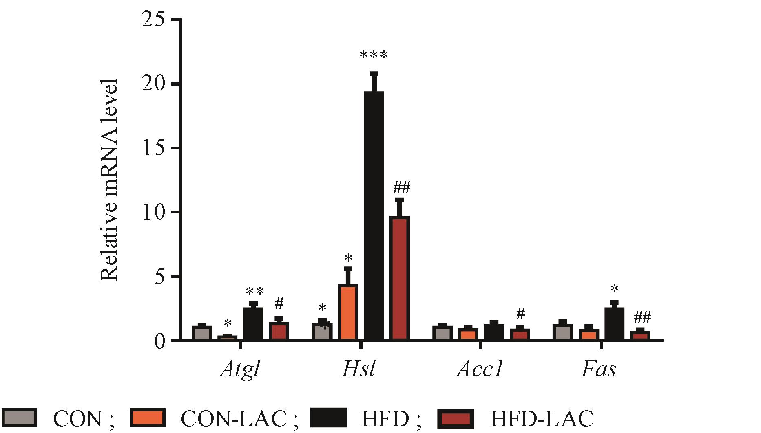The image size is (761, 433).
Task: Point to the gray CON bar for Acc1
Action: pos(442,333)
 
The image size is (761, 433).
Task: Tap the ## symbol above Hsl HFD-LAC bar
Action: pos(401,188)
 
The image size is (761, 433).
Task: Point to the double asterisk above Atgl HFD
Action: pos(255,292)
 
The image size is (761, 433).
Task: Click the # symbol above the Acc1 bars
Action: pos(520,314)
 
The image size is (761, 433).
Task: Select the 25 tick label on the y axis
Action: pos(154,20)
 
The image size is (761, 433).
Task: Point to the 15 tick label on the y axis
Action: pos(154,148)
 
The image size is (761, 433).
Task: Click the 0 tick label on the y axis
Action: pos(160,340)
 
